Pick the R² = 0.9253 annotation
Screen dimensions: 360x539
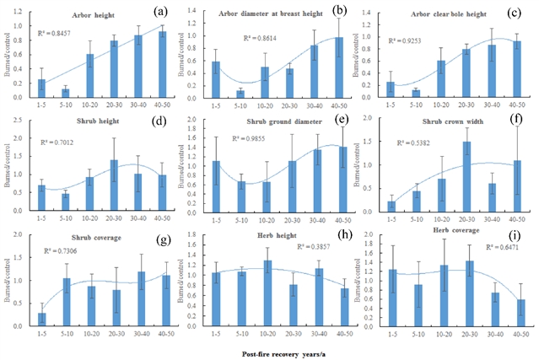409,40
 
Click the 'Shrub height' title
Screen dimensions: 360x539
82,122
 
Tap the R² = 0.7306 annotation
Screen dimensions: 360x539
62,251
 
